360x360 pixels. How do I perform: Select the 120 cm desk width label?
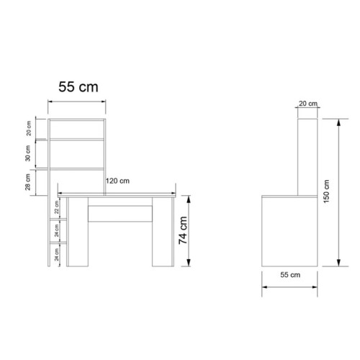117,181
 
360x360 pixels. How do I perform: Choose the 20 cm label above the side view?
308,104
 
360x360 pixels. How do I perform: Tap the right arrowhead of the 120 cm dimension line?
174,193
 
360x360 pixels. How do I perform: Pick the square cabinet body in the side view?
288,230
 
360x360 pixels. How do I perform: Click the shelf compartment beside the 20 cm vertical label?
77,128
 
